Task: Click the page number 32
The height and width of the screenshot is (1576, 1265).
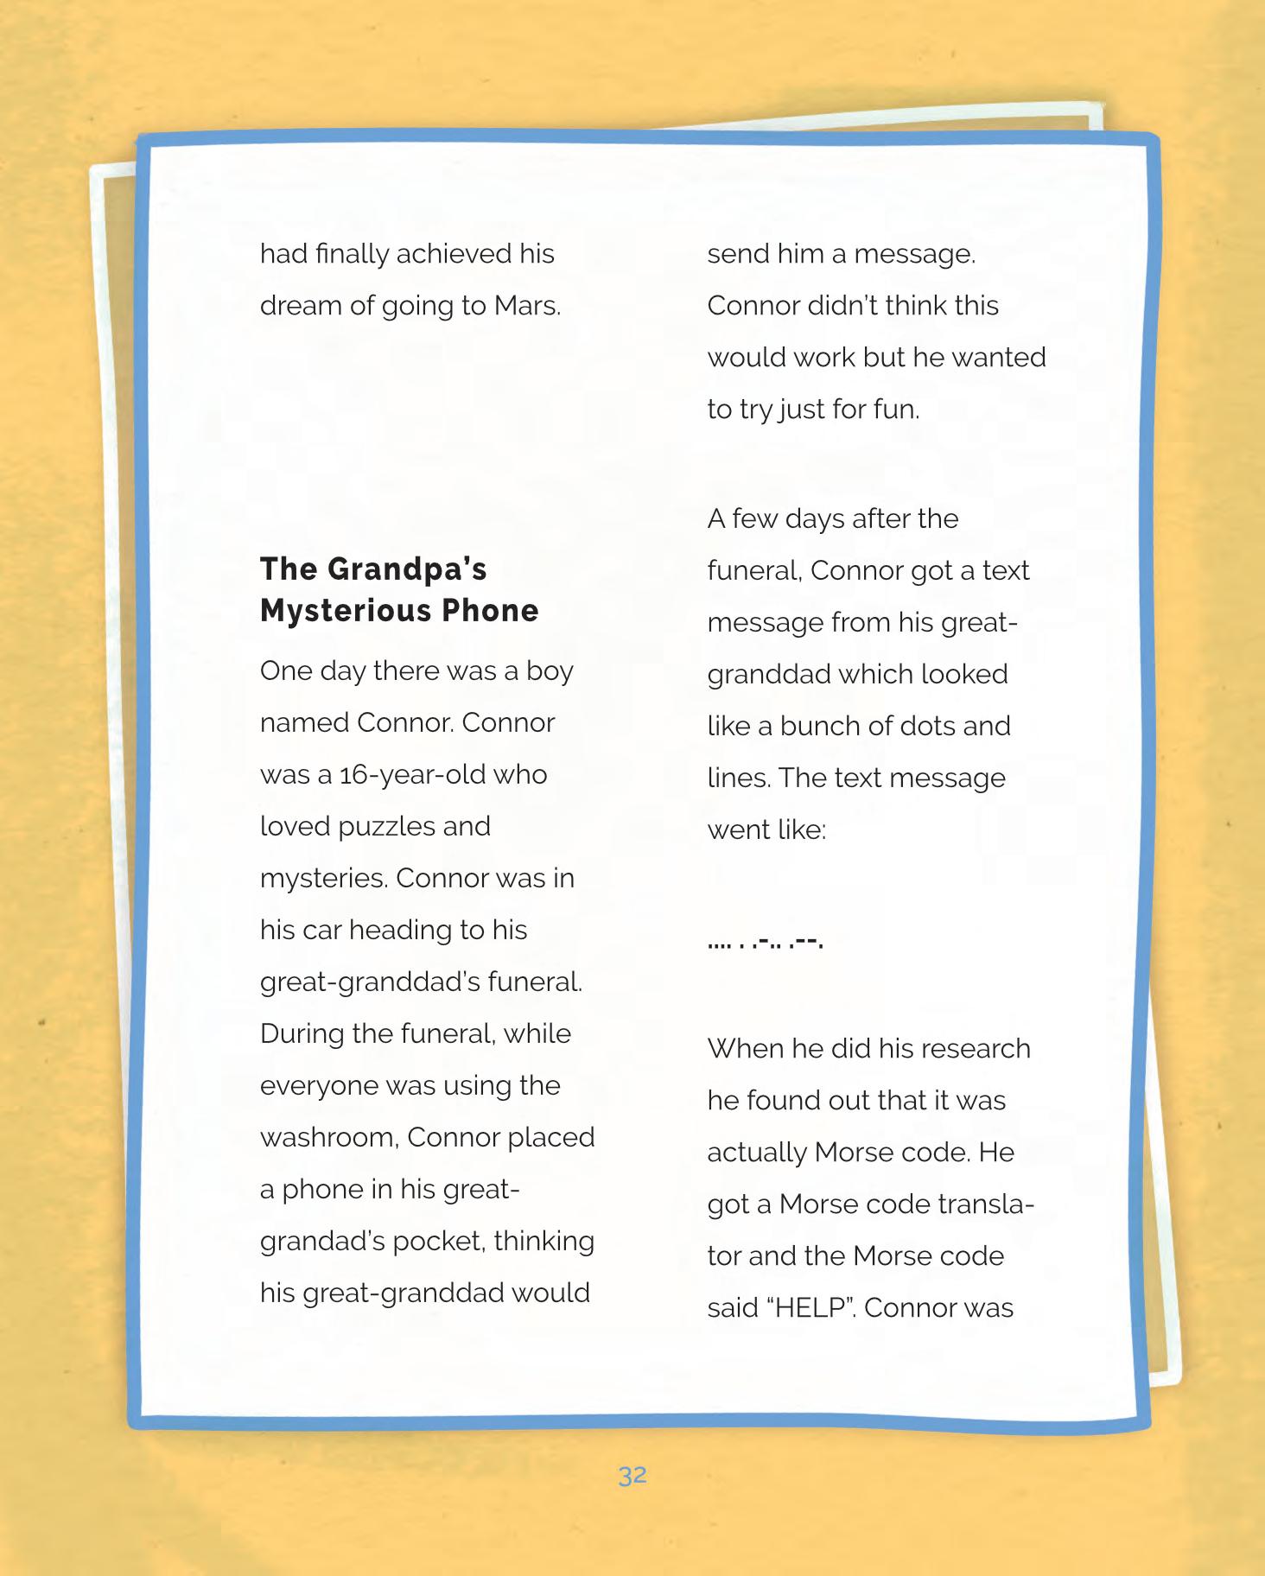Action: click(x=632, y=1476)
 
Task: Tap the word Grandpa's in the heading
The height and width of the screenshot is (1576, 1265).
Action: click(x=407, y=570)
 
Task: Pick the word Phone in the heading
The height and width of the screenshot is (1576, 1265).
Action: click(x=490, y=611)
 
